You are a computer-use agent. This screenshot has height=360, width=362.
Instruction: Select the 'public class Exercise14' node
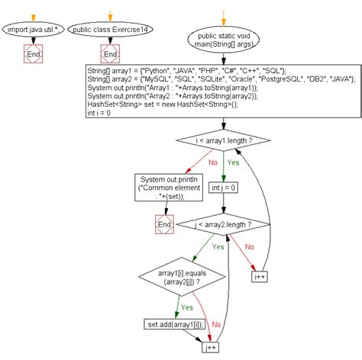109,31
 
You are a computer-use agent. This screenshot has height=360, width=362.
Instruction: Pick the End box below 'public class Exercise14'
109,55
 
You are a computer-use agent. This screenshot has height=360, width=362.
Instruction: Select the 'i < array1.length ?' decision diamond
224,140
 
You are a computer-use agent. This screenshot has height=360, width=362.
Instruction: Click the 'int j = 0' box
224,185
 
